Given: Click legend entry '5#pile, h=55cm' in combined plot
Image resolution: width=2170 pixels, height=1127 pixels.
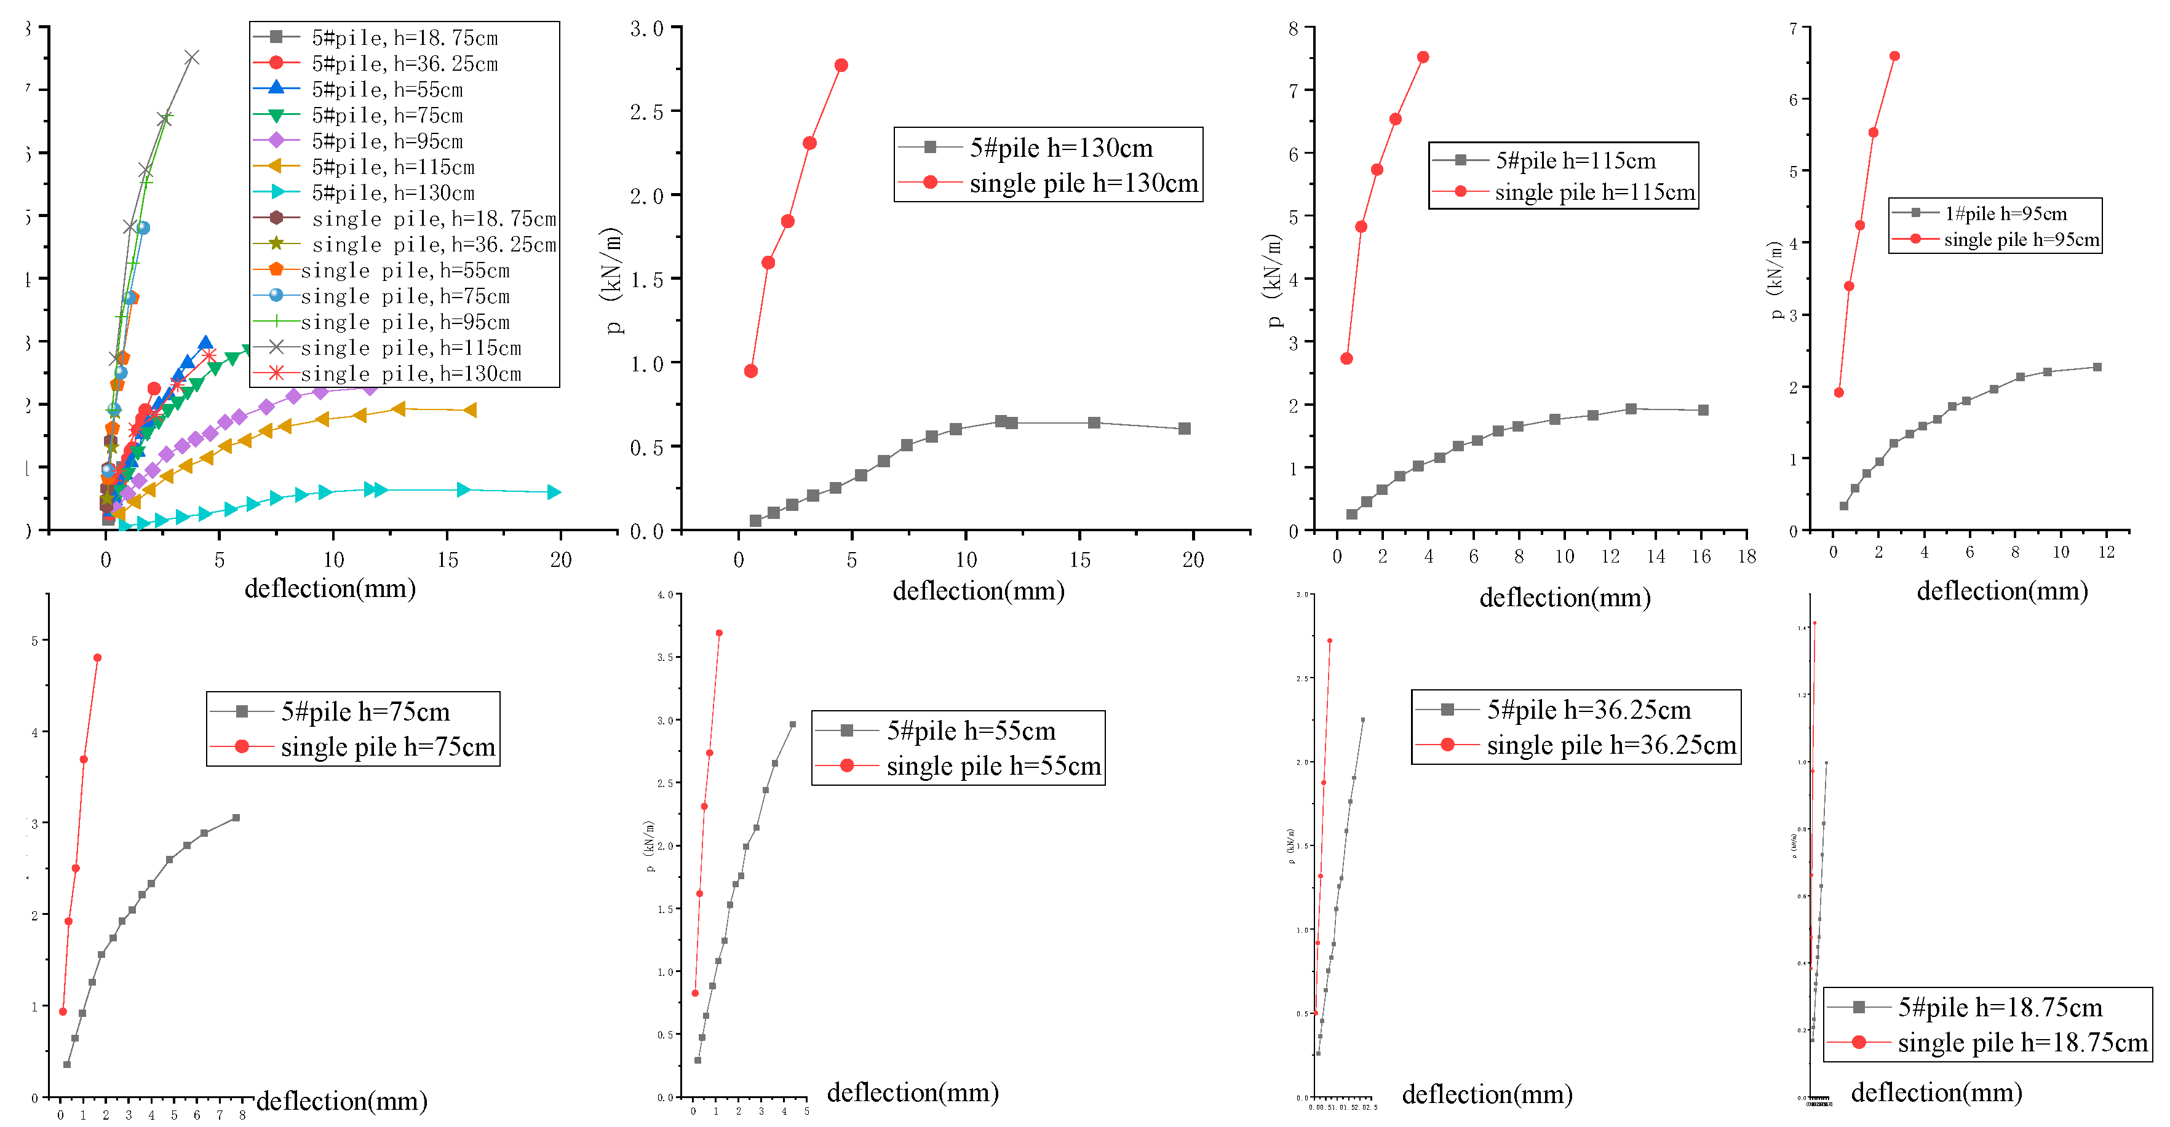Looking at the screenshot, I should click(x=387, y=89).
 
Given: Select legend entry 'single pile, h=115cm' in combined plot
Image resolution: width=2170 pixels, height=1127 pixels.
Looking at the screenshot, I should click(x=410, y=348).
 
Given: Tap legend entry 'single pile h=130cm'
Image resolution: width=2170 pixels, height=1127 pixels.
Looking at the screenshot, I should click(x=1083, y=183).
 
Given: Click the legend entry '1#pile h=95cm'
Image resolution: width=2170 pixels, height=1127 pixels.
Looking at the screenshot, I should click(x=2005, y=213).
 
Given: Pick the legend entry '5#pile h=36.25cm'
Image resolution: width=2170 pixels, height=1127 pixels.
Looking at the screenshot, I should click(x=1588, y=710).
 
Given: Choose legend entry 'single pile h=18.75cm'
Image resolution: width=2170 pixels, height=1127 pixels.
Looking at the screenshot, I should click(x=2022, y=1043).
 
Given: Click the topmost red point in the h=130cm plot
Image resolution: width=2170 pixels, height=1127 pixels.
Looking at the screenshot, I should click(x=841, y=65).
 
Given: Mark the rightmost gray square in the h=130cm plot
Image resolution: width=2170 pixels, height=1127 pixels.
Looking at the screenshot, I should click(x=1185, y=428).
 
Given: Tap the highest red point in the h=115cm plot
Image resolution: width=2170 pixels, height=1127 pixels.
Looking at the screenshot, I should click(x=1423, y=57).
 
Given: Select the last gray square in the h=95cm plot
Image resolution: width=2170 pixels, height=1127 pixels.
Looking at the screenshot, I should click(x=2097, y=367).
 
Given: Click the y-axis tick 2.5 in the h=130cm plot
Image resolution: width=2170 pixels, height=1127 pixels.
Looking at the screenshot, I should click(x=648, y=112).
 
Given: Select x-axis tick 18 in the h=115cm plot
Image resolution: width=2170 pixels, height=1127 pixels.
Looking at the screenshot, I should click(x=1746, y=556).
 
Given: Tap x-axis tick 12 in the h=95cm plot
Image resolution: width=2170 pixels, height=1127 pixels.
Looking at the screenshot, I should click(x=2106, y=553).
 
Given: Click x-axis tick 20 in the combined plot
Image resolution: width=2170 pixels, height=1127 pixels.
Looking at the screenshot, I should click(x=560, y=560).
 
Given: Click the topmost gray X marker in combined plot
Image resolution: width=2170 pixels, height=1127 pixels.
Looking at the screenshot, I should click(x=191, y=57).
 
